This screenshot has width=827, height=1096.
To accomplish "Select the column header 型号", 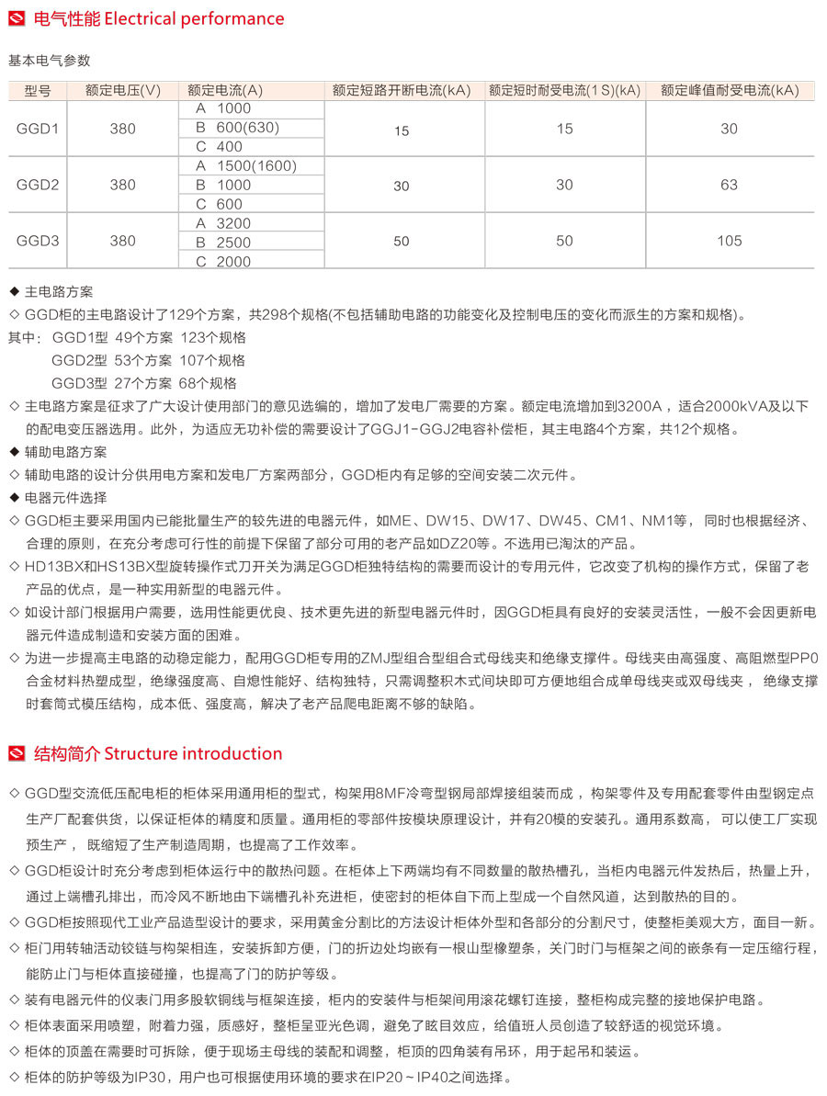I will click(38, 90).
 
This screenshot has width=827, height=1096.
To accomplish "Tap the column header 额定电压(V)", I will click(122, 90).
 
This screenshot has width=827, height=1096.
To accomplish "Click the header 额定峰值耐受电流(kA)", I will click(729, 90).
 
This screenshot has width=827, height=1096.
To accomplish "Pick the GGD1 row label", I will click(38, 129).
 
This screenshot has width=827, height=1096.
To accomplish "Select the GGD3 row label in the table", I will click(38, 242).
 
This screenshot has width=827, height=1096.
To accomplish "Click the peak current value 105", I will click(729, 242).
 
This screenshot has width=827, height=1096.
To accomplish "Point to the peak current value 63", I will click(729, 185).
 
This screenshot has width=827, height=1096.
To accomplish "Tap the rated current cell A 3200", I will click(222, 223).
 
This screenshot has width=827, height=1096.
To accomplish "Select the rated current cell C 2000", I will click(222, 262).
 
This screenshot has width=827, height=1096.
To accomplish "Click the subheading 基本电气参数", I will click(50, 61).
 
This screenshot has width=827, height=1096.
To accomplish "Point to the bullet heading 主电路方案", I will click(59, 292).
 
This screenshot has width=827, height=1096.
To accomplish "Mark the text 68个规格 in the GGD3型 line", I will click(209, 383).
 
